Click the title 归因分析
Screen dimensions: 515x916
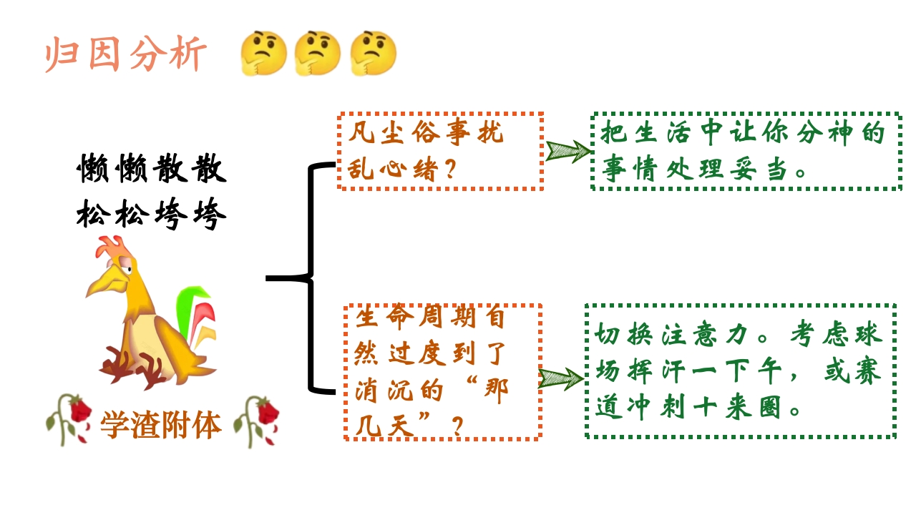126,54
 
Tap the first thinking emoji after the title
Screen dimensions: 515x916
263,54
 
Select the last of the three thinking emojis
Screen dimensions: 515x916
373,54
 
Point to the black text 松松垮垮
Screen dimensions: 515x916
152,214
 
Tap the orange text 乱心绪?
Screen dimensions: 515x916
402,170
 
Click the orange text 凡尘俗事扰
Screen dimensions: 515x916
427,133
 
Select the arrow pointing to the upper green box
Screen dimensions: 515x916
567,151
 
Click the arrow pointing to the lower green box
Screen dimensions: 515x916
560,378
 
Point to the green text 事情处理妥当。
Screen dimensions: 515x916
705,170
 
